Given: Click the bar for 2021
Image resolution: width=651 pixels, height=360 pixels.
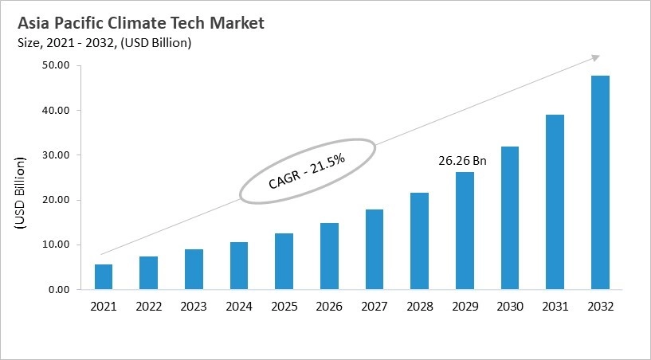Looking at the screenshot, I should pyautogui.click(x=104, y=277).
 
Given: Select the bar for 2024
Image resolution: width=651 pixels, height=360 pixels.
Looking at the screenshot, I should pyautogui.click(x=238, y=266).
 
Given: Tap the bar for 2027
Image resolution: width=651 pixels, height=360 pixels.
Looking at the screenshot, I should pyautogui.click(x=374, y=249).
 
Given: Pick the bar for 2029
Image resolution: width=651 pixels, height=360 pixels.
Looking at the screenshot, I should pyautogui.click(x=464, y=231).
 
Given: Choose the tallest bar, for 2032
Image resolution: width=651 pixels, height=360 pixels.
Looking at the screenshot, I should pyautogui.click(x=599, y=182).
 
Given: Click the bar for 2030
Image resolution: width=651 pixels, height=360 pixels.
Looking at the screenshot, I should pyautogui.click(x=509, y=218).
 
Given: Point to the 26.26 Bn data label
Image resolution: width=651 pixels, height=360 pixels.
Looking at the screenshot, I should pyautogui.click(x=462, y=161).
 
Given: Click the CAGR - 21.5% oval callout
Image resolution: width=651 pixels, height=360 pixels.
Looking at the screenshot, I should pyautogui.click(x=307, y=171).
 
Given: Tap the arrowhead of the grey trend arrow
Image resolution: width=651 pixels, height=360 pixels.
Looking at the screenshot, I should pyautogui.click(x=594, y=57).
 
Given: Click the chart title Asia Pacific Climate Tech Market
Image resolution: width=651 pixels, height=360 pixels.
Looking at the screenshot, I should pyautogui.click(x=140, y=23).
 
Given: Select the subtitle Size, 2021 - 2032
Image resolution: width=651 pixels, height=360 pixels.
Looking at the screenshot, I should pyautogui.click(x=104, y=43).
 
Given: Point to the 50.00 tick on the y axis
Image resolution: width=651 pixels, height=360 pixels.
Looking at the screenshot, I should pyautogui.click(x=56, y=65).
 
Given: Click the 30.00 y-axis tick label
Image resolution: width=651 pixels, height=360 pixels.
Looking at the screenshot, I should pyautogui.click(x=56, y=155).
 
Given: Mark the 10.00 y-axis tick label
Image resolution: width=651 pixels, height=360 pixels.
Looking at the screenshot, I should pyautogui.click(x=56, y=245).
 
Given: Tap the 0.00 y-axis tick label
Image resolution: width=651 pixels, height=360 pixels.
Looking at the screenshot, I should pyautogui.click(x=59, y=290).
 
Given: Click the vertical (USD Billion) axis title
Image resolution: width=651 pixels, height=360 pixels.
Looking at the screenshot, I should pyautogui.click(x=21, y=195).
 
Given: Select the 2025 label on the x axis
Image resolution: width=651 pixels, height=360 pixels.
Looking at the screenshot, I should pyautogui.click(x=284, y=306).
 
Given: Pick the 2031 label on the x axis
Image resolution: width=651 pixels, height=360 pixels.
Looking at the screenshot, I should pyautogui.click(x=554, y=306).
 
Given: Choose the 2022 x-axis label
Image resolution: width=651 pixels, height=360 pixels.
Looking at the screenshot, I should pyautogui.click(x=148, y=306).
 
